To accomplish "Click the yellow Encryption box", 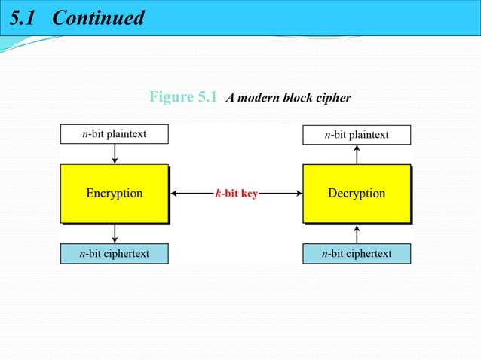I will [114, 194].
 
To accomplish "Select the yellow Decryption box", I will [357, 194].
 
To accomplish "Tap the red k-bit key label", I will [236, 194].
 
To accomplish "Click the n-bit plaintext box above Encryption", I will [114, 134].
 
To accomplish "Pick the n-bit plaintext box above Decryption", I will [357, 135].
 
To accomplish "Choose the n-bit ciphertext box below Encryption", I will [114, 254].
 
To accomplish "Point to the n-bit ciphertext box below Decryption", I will [357, 254].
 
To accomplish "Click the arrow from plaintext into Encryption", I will [115, 154].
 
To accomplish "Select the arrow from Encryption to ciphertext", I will [115, 233].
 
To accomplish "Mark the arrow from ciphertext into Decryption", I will [357, 233].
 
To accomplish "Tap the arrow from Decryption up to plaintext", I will [357, 154].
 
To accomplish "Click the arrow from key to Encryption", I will [191, 194].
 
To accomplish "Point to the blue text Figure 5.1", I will [183, 97].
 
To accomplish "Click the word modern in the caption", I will [259, 98].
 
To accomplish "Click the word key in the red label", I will [248, 194].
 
